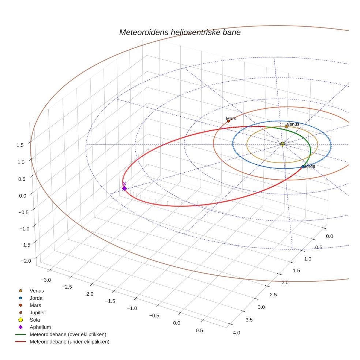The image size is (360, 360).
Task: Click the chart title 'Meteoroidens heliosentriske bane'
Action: tap(180, 32)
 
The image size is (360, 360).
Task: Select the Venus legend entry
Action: tap(37, 290)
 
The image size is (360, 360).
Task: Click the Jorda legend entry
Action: tap(36, 298)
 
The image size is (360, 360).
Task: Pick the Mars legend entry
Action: tap(35, 305)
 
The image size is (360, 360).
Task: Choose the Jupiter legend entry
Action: tap(37, 312)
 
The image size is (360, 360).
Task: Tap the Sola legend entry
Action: tap(35, 320)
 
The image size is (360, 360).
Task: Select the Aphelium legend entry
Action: tap(40, 327)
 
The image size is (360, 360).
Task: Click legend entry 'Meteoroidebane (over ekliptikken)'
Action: tap(68, 334)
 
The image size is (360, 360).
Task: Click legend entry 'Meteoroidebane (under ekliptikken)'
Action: tap(69, 342)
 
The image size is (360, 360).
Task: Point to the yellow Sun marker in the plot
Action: tap(282, 144)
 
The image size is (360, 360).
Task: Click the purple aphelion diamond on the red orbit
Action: tap(124, 188)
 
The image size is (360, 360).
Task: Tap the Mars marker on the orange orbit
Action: tap(229, 121)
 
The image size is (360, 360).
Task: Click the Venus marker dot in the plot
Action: tap(286, 126)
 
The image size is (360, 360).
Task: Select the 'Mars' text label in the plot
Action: tap(231, 119)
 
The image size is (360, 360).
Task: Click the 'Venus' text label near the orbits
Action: tap(293, 124)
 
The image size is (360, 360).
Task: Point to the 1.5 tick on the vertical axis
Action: tap(20, 145)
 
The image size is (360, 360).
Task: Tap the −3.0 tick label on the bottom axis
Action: tap(46, 280)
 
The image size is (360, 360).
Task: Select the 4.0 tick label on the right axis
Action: tap(236, 333)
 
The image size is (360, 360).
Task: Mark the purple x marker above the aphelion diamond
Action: tap(124, 183)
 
